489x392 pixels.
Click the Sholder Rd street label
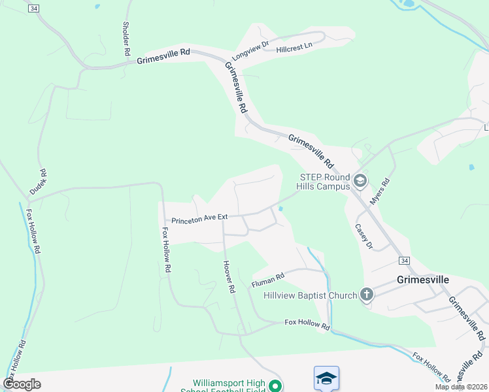pos(126,39)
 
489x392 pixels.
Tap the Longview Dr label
pos(250,52)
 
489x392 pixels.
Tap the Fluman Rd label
pos(268,280)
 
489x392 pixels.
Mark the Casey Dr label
pos(363,237)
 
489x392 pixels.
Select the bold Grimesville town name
pos(423,279)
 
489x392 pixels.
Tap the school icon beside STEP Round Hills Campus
pos(360,180)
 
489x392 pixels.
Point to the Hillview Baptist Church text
pos(311,295)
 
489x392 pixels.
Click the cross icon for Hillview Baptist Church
pos(367,295)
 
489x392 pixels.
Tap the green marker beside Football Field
pos(277,386)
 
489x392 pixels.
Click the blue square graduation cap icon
pos(326,378)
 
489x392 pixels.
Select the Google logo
pos(22,384)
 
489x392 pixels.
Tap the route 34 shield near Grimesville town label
pos(405,261)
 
